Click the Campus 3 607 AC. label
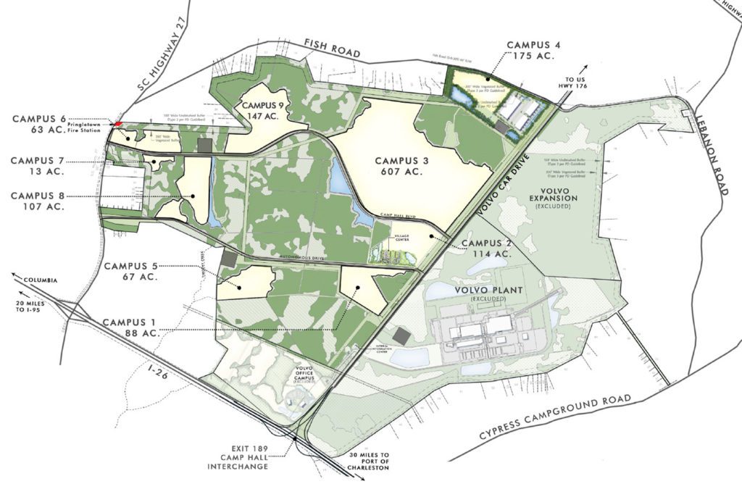coord(402,166)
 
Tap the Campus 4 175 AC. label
coord(538,49)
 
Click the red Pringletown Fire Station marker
coord(118,124)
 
